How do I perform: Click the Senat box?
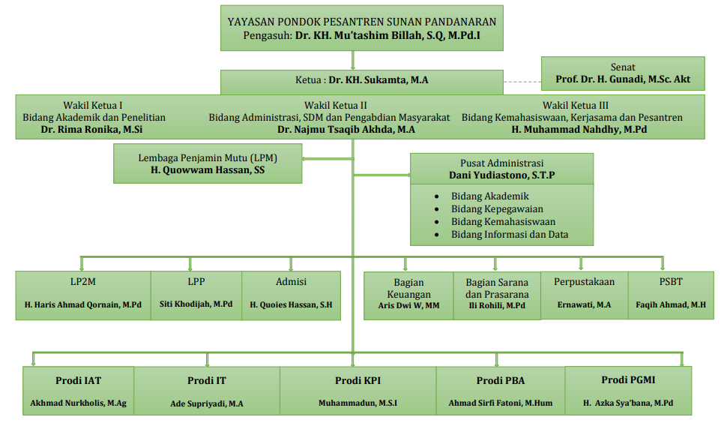[623, 73]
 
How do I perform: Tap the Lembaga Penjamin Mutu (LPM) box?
[208, 164]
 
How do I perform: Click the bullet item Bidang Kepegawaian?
[497, 209]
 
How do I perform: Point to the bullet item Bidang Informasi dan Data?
[510, 235]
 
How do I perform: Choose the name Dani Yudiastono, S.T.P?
[501, 175]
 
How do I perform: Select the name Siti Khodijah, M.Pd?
[196, 304]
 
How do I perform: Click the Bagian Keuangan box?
[408, 295]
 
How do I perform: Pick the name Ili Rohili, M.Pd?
[497, 306]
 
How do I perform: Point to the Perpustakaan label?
[584, 282]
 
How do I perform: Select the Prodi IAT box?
[78, 390]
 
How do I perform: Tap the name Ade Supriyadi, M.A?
[206, 403]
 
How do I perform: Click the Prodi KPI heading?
[358, 380]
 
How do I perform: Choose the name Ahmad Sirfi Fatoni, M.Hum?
[500, 403]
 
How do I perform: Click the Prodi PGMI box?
[628, 390]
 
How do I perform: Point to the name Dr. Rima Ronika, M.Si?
[93, 129]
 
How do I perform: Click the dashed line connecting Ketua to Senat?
[522, 81]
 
